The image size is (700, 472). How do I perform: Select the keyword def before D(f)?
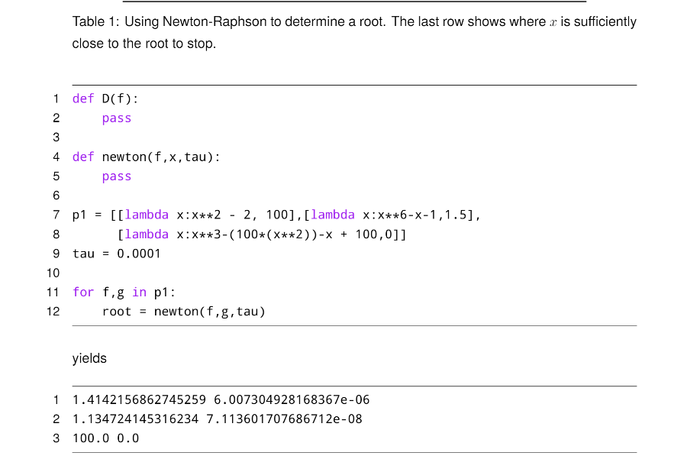click(x=83, y=99)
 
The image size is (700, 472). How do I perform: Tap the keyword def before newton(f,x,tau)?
click(x=83, y=157)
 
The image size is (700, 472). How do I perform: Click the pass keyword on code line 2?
click(x=117, y=118)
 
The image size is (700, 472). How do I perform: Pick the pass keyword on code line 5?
click(x=117, y=176)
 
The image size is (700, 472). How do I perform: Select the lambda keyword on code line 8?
click(x=147, y=234)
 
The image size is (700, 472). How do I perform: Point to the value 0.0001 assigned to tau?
click(x=139, y=254)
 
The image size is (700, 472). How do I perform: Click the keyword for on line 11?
click(x=83, y=293)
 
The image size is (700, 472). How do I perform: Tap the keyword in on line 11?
click(x=139, y=293)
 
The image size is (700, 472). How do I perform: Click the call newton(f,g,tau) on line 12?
click(x=210, y=312)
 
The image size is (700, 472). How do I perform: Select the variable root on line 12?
click(x=117, y=312)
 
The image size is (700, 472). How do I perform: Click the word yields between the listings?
click(x=89, y=358)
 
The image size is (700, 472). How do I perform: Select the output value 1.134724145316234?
click(x=135, y=419)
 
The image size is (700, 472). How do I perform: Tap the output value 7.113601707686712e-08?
click(x=284, y=419)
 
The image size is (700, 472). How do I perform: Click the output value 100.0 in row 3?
click(x=91, y=438)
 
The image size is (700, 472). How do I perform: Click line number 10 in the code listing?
click(x=53, y=273)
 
